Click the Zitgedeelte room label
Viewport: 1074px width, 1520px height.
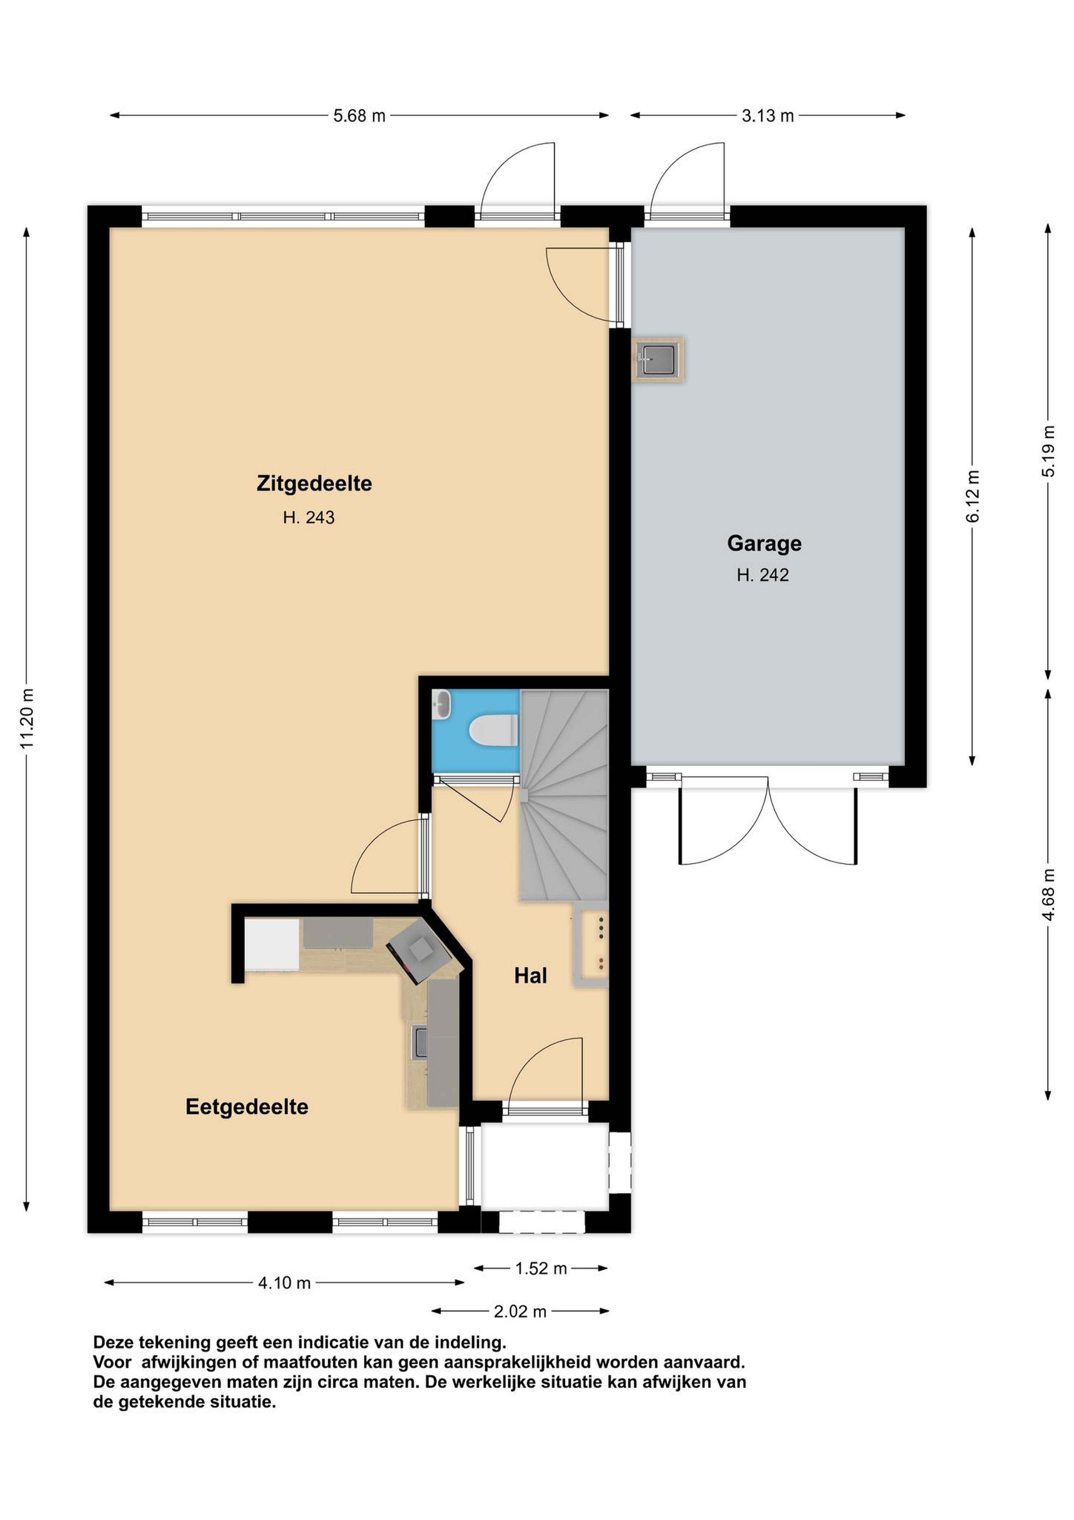pyautogui.click(x=314, y=484)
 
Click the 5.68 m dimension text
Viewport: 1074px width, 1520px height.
pyautogui.click(x=359, y=116)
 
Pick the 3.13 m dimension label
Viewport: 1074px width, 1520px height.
pyautogui.click(x=768, y=116)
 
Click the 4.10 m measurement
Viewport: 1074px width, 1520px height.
pyautogui.click(x=284, y=1282)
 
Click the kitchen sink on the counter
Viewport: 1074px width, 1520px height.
pyautogui.click(x=420, y=1041)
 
